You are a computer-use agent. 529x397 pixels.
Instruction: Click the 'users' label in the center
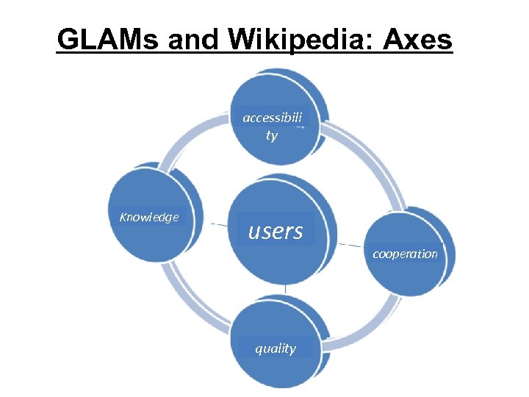coord(276,232)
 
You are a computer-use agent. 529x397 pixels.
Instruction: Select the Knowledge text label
coord(149,217)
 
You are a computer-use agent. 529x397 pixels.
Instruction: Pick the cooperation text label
coord(405,254)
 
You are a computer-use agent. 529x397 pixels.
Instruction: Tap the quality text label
coord(276,348)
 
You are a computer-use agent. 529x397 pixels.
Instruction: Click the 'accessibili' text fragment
coord(273,118)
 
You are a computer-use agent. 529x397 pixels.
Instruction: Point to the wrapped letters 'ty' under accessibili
coord(272,136)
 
